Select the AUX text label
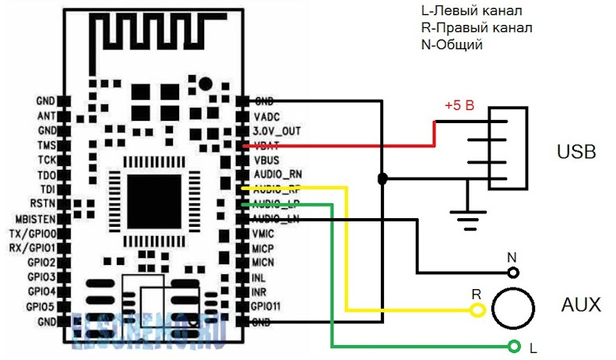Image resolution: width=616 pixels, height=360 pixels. click(x=581, y=305)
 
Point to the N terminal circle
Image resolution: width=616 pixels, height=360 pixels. click(x=513, y=273)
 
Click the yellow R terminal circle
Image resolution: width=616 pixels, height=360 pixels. click(x=478, y=311)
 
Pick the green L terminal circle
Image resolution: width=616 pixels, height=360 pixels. click(x=513, y=346)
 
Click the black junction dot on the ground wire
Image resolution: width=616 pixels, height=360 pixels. click(x=382, y=179)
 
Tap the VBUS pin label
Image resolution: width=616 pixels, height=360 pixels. click(x=267, y=160)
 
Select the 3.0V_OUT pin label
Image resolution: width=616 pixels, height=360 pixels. click(x=277, y=131)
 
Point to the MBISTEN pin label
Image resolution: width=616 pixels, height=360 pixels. click(x=34, y=219)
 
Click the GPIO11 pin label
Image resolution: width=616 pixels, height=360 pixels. click(x=270, y=306)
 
